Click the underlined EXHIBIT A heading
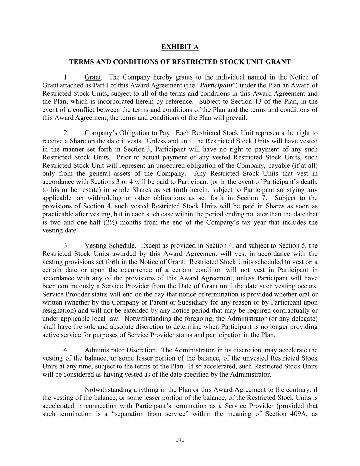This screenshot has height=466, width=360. (x=180, y=47)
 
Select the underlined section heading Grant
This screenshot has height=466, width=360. (x=92, y=77)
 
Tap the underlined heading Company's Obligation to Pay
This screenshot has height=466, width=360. (x=127, y=133)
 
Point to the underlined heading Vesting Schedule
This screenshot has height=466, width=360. (x=110, y=246)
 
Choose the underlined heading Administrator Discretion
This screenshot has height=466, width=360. (x=120, y=350)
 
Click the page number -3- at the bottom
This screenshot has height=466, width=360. (x=180, y=441)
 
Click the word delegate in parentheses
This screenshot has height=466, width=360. (x=304, y=319)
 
